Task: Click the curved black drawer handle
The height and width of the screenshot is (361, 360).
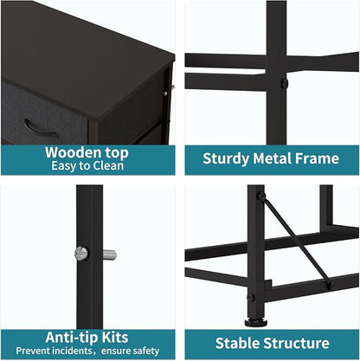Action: tap(40, 130)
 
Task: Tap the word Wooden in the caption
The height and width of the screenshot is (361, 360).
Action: tap(73, 152)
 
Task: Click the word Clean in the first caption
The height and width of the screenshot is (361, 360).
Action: tap(108, 165)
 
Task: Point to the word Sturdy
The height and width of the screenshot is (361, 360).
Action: tap(226, 159)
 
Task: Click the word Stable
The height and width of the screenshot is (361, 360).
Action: tap(237, 343)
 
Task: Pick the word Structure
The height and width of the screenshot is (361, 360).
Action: tap(297, 343)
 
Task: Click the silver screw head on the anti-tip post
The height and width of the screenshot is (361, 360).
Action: tap(81, 254)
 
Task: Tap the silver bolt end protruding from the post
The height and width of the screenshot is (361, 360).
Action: tap(110, 255)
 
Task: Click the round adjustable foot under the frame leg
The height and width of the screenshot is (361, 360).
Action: tap(255, 322)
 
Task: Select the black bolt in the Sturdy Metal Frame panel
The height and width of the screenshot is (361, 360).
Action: tap(285, 83)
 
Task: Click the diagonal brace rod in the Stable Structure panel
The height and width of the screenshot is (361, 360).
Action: tap(297, 241)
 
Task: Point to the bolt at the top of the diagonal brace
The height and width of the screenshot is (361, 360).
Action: tap(262, 197)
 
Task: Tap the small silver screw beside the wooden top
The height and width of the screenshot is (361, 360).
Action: tap(165, 93)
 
